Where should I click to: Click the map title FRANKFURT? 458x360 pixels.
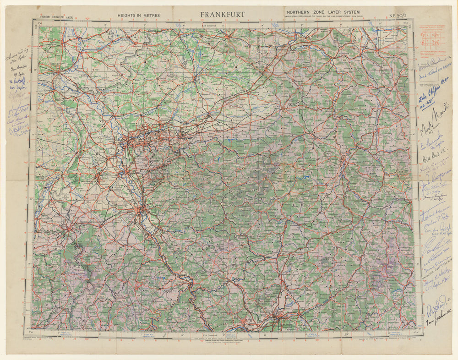coord(222,15)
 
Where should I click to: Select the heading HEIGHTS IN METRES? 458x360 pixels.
coord(139,15)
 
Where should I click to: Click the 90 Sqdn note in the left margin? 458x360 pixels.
coord(19,134)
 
